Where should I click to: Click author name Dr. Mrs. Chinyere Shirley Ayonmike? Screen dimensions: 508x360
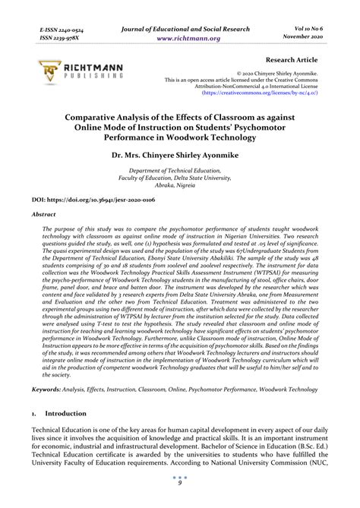(180, 156)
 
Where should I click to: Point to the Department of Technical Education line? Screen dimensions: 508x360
(179, 173)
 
